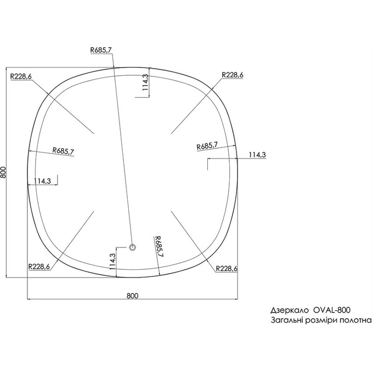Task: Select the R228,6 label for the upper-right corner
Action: [x=233, y=75]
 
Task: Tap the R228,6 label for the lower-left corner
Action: [x=38, y=267]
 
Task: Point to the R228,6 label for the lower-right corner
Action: [x=227, y=268]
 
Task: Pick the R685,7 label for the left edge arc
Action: [x=64, y=151]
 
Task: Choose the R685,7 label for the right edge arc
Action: [x=207, y=146]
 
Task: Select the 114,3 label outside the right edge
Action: [x=257, y=155]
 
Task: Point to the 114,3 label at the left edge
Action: [x=42, y=181]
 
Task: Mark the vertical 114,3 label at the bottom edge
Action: [x=112, y=261]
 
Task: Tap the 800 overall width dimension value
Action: [x=132, y=296]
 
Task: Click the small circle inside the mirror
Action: [x=132, y=248]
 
